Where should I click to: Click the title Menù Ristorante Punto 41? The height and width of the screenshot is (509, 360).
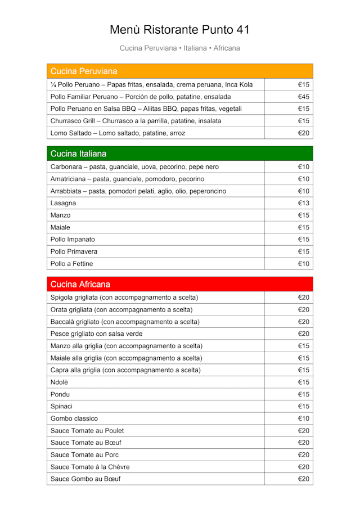(179, 30)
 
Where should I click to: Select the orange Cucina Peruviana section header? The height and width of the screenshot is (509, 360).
(84, 71)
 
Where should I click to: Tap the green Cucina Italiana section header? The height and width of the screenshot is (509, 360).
(78, 154)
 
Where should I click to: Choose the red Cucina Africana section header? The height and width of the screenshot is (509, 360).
(80, 284)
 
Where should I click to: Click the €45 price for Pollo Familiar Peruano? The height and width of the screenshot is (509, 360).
(304, 97)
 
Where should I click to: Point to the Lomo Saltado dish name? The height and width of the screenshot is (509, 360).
(118, 133)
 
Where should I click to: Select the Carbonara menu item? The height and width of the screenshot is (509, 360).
(134, 167)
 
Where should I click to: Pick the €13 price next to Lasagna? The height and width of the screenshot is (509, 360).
(304, 203)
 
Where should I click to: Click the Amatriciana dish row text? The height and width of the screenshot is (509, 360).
(127, 179)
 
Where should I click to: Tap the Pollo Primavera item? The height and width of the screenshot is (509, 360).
(74, 251)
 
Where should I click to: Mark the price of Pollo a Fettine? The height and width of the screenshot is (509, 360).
(304, 264)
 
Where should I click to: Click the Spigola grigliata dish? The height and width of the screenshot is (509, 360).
(124, 298)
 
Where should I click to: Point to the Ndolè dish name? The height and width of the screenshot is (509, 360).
(61, 382)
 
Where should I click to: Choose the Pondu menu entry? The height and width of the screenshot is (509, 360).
(60, 394)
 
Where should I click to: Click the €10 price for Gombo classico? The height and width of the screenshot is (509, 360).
(304, 418)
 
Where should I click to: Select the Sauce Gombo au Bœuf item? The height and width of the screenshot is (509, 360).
(85, 479)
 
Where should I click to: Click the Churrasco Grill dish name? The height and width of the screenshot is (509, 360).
(136, 121)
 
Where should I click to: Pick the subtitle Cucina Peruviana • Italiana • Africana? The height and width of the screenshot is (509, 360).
(179, 48)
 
